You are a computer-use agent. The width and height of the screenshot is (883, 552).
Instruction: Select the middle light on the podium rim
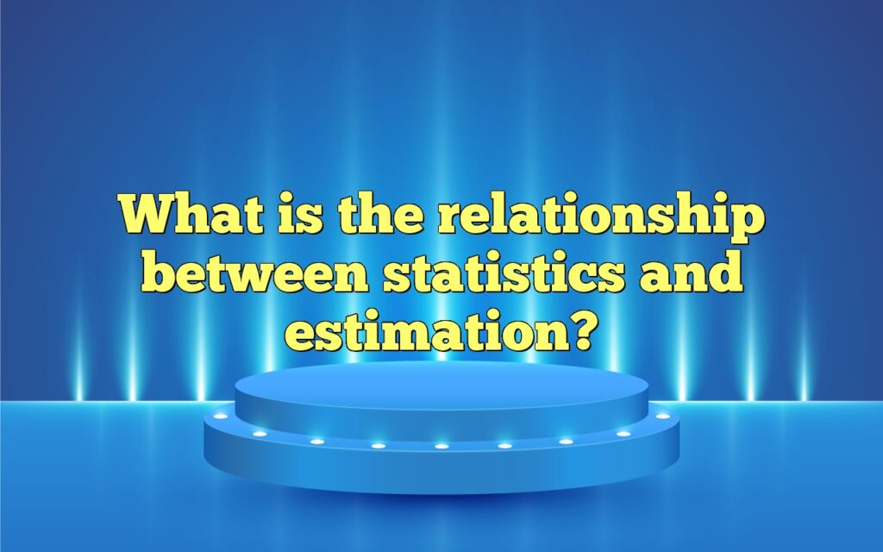441,446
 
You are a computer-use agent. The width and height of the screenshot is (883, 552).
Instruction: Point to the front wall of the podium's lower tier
441,470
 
